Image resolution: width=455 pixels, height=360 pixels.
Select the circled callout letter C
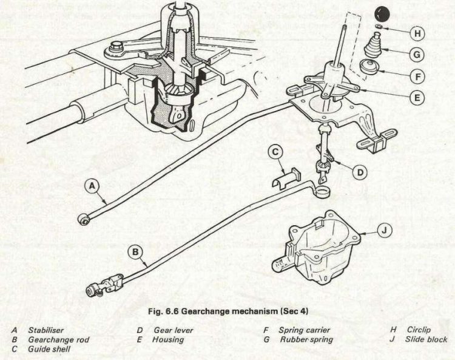click(275, 152)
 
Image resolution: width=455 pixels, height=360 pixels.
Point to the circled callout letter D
click(360, 172)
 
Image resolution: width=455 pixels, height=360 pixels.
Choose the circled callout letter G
click(417, 54)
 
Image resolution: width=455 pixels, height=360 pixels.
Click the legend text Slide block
click(426, 339)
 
